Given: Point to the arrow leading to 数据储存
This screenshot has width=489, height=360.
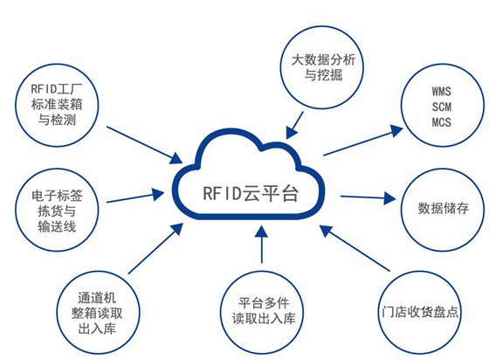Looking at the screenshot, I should pos(367,197).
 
